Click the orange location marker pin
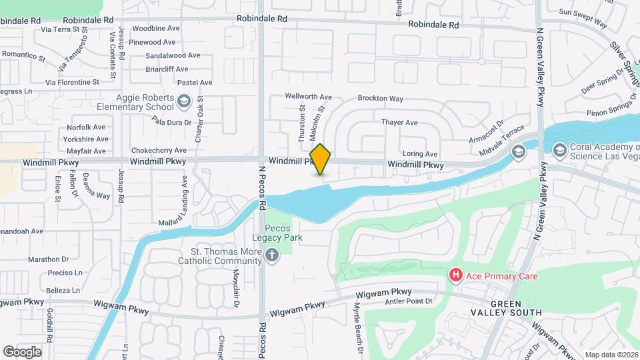point(321,159)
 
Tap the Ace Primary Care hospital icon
point(456,275)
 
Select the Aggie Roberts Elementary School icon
point(184,102)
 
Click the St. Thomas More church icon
point(271,255)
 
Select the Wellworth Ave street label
point(308,97)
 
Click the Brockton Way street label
point(380,99)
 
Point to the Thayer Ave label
point(399,123)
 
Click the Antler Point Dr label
point(409,301)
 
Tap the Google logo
point(22,351)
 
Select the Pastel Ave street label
point(195,83)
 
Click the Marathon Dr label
point(49,259)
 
